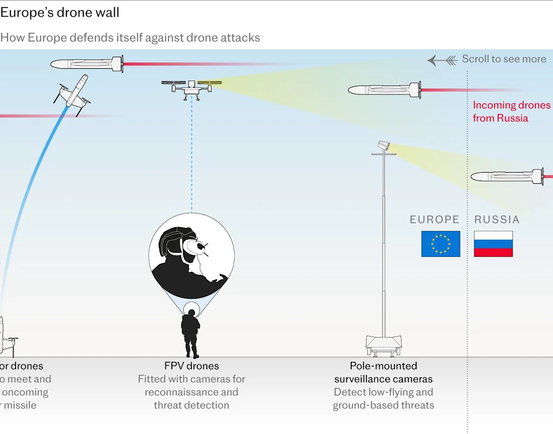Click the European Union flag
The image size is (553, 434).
441,244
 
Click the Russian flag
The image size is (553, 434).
493,244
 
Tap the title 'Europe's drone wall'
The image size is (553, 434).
60,12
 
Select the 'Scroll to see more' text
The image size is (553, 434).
504,59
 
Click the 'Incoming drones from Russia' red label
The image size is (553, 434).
512,111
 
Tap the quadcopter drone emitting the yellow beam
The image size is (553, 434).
191,88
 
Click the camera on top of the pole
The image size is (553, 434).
383,145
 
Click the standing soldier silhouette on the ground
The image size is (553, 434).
190,332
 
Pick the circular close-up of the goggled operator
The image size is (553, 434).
191,256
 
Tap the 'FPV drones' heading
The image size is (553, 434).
191,366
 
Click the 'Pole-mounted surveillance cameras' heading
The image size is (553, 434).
383,373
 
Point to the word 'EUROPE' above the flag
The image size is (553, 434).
435,220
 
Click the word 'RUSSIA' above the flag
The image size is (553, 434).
497,220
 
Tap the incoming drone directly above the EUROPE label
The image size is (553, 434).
384,89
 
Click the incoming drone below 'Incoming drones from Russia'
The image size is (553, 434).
507,176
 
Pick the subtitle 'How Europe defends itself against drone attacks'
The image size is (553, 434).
130,38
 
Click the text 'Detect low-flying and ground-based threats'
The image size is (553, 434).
383,399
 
